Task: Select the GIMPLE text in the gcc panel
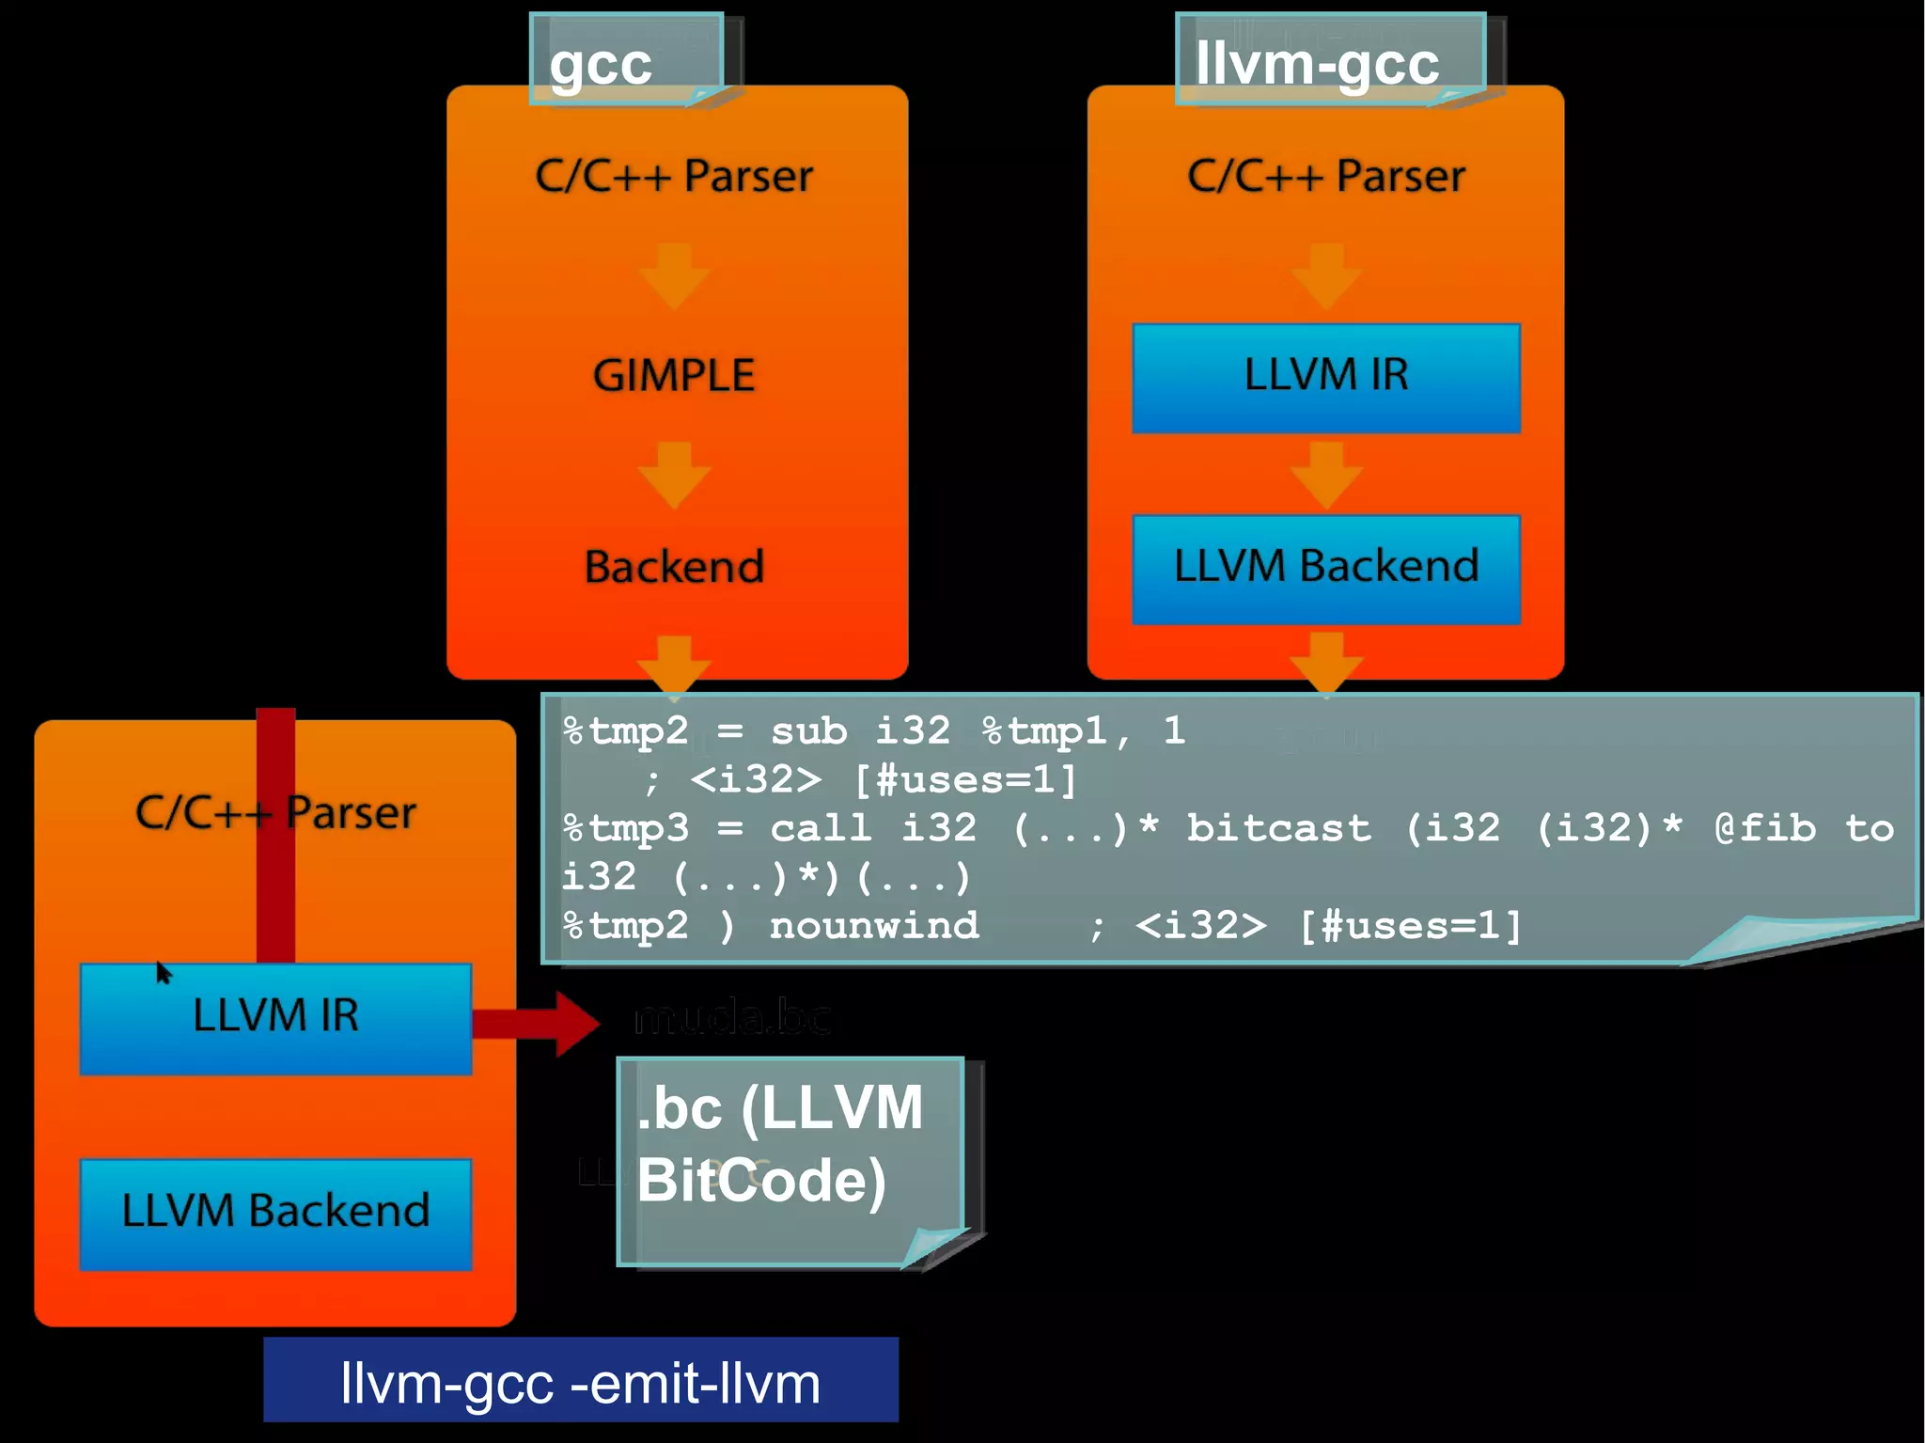[674, 375]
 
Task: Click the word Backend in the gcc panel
[674, 567]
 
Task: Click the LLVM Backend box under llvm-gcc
[1325, 568]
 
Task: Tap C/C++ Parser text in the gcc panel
[674, 176]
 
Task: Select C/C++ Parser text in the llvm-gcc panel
[1325, 176]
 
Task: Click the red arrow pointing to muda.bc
[536, 1023]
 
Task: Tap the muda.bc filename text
[732, 1018]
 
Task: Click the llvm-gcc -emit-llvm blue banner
[580, 1380]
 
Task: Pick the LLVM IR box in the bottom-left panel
[275, 1017]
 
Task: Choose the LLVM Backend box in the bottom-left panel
[275, 1212]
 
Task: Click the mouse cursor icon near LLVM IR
[164, 972]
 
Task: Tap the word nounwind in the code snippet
[874, 926]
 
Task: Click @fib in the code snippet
[1765, 828]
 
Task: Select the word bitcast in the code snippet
[1278, 828]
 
